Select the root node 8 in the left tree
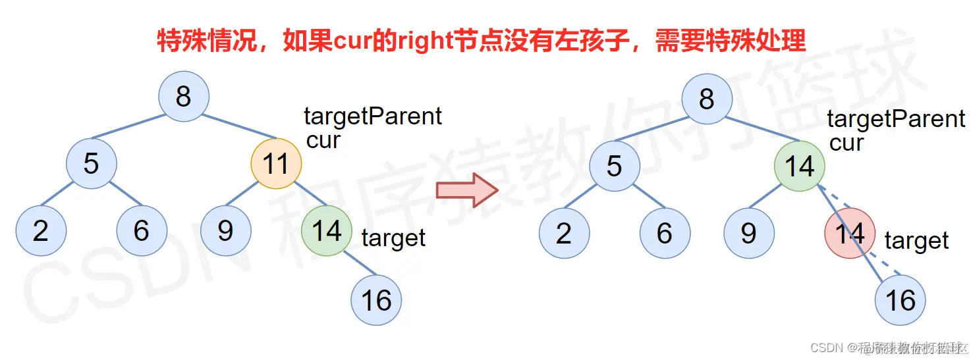pos(184,97)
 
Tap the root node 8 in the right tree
pos(707,99)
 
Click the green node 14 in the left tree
pos(327,230)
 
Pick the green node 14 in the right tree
pos(799,167)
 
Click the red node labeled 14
pos(850,233)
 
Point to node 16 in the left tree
pos(376,300)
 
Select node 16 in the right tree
pos(900,300)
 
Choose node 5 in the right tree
pos(615,167)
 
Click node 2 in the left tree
pos(41,230)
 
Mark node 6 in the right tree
pos(665,233)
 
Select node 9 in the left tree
pos(226,230)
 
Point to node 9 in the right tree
pos(749,233)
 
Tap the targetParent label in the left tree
pos(373,116)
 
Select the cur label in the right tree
pos(846,143)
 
